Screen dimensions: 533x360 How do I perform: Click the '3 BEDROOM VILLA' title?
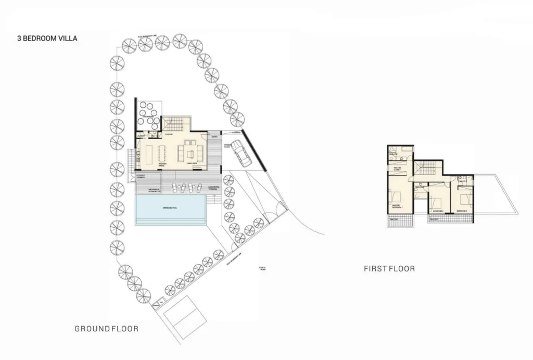pos(47,38)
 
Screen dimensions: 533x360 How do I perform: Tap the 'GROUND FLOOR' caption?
pos(106,329)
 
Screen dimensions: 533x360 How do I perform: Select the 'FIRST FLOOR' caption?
pos(389,269)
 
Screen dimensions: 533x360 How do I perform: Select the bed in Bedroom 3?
pos(466,197)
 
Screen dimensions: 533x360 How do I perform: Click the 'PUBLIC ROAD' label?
pos(262,268)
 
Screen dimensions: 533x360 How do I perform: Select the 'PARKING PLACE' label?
pos(227,146)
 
